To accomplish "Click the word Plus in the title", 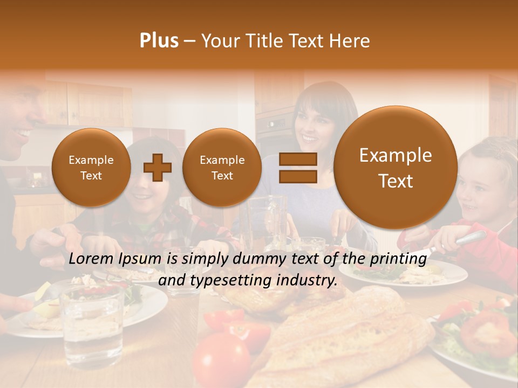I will [x=159, y=40].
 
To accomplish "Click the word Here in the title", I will [x=350, y=40].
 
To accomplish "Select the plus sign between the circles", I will [x=157, y=168].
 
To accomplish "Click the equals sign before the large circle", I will [x=297, y=168].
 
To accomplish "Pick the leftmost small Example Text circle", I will [x=91, y=168].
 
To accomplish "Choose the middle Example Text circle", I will [x=222, y=168].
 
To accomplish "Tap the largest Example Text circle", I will [x=396, y=168].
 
